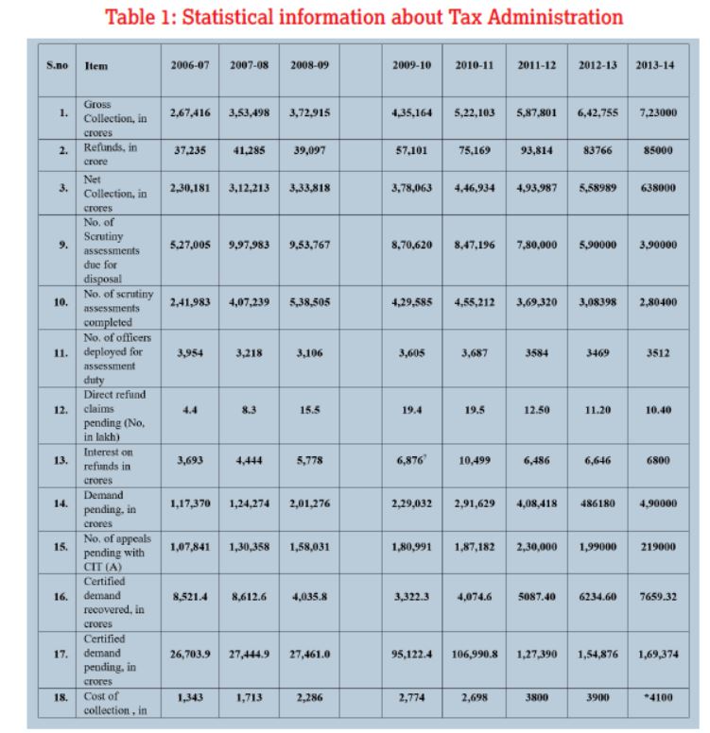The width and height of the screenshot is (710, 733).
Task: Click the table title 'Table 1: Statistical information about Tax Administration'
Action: [364, 17]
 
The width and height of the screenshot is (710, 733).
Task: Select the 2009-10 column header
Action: [411, 65]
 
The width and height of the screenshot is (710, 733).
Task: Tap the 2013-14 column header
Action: [655, 65]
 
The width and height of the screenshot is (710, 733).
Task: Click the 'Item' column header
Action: [95, 66]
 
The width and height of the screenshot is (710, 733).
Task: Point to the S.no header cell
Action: [56, 65]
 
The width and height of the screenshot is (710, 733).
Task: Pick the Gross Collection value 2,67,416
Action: [190, 112]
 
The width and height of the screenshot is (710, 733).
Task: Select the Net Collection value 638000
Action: [655, 188]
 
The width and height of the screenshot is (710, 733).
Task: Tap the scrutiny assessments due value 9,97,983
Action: [249, 245]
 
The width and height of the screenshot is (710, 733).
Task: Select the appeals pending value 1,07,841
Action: [190, 547]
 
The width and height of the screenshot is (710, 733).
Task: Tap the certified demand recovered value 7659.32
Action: [655, 596]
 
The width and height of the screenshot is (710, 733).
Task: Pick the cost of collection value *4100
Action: [655, 697]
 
